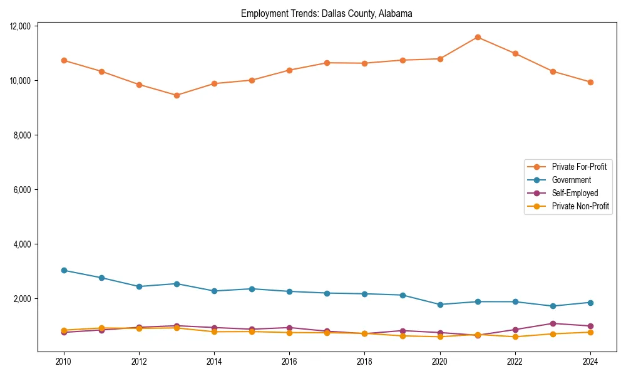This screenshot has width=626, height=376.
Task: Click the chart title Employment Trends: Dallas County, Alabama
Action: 326,14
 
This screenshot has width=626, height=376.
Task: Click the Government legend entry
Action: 571,180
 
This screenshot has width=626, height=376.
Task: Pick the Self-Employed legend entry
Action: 575,193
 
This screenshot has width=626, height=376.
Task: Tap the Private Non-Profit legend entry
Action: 580,206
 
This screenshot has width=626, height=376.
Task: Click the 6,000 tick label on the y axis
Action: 23,190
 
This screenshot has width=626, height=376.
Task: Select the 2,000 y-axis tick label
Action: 23,299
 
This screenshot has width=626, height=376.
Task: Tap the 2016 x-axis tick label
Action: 289,362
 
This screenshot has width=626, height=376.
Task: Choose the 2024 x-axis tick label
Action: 590,362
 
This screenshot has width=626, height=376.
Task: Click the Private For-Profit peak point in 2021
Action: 478,37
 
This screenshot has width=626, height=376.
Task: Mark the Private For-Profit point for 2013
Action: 177,95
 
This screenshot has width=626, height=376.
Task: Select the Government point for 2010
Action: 64,270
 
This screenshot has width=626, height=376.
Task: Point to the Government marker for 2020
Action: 440,305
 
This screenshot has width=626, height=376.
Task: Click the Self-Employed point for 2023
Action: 553,323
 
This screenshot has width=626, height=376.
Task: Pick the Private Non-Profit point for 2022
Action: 515,337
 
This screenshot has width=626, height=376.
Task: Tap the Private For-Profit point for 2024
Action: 590,82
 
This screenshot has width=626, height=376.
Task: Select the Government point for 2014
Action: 214,291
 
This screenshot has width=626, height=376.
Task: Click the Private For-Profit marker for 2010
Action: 64,60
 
